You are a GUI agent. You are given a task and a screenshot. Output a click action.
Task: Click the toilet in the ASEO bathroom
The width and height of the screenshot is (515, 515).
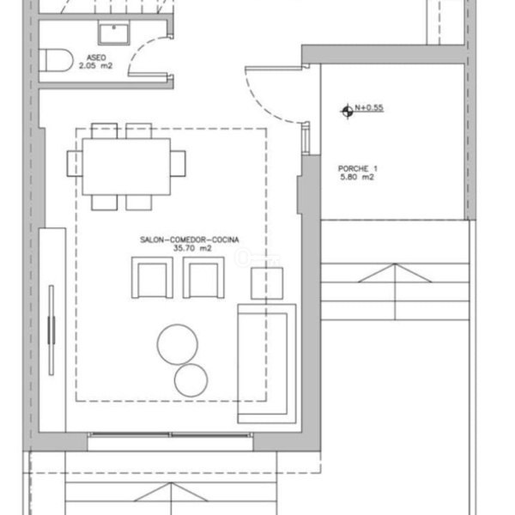(56, 60)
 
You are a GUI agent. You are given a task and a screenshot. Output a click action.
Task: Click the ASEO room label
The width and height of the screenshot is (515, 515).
(96, 58)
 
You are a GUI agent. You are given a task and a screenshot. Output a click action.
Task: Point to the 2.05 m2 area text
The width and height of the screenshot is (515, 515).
(95, 66)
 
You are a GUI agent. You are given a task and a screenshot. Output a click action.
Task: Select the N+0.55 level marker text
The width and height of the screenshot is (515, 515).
(369, 108)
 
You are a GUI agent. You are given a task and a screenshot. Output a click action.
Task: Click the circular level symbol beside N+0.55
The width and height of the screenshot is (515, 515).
(347, 112)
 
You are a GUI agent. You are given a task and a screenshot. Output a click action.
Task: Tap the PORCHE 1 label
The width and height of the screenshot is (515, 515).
(358, 169)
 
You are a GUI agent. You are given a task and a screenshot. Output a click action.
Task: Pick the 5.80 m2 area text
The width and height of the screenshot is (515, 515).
(357, 178)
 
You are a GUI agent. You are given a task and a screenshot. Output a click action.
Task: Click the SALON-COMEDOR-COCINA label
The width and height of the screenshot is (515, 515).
(190, 239)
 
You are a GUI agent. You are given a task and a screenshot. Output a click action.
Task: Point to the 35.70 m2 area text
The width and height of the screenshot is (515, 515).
(192, 248)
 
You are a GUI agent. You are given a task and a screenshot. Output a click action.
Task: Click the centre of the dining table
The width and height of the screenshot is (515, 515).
(126, 167)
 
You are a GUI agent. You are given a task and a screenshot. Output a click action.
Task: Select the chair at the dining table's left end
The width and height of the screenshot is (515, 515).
(75, 164)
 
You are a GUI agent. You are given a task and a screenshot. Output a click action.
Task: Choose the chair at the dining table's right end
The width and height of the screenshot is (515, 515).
(178, 164)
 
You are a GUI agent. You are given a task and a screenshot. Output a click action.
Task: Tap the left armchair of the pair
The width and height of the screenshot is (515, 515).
(152, 277)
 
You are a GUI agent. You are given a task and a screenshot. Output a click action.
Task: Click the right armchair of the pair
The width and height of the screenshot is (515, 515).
(203, 277)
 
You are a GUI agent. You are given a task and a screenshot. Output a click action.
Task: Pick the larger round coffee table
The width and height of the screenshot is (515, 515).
(178, 344)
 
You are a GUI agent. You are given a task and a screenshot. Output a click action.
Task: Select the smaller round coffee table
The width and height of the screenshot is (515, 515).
(191, 380)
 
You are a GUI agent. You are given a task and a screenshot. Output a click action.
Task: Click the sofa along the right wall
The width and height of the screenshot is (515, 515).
(267, 364)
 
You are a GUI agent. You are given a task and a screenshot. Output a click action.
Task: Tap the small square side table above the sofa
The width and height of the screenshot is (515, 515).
(267, 283)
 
